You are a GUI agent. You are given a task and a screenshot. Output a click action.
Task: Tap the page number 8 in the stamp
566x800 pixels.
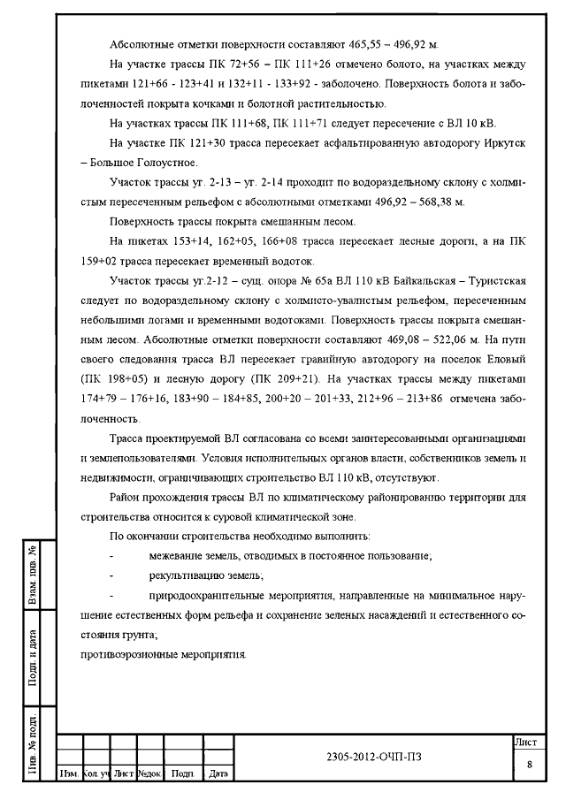529,764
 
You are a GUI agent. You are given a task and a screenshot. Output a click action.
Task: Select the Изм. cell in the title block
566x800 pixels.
68,773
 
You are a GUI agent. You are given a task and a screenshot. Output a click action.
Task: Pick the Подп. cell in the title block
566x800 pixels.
183,773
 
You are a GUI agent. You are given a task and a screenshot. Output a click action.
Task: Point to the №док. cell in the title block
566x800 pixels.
149,773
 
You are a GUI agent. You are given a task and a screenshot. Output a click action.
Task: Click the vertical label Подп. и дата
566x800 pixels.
33,657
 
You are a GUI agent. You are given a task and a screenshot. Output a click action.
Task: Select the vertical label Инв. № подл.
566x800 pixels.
33,742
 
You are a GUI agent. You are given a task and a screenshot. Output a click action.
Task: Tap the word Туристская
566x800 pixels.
496,281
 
